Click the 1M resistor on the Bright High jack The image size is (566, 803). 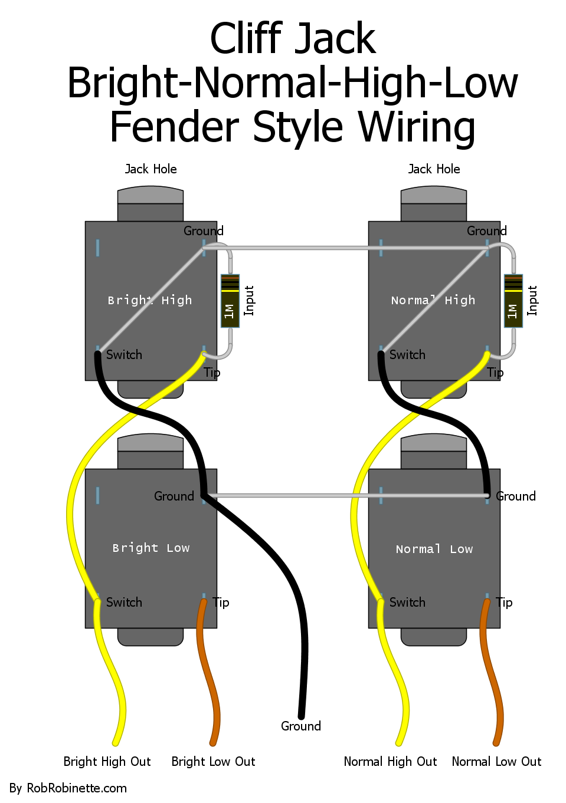point(230,301)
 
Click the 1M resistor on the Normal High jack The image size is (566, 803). point(513,301)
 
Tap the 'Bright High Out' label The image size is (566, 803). point(107,762)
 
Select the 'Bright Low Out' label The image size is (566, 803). point(213,762)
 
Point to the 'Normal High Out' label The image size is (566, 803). point(390,762)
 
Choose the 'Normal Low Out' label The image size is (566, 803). point(496,762)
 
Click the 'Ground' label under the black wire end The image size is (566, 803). point(300,726)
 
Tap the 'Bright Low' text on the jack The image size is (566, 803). point(151,548)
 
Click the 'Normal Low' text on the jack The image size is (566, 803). point(434,549)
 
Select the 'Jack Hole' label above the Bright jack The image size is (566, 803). point(151,169)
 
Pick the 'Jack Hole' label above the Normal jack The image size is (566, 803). point(434,169)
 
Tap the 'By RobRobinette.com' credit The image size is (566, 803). point(68,788)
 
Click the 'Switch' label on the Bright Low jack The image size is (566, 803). point(124,603)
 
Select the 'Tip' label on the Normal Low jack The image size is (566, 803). point(504,603)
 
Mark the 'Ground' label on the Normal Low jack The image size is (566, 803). point(516,496)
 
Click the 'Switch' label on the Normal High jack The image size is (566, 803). point(407,355)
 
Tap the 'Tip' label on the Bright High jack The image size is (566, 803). point(212,373)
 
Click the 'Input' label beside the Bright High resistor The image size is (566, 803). point(249,301)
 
